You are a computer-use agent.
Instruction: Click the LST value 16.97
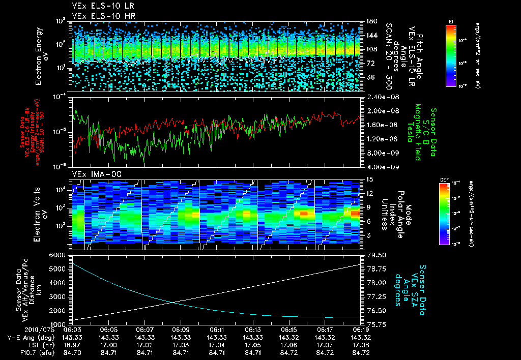tap(74, 345)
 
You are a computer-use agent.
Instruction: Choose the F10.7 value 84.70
tap(74, 352)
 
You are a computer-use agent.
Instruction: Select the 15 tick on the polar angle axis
tap(369, 179)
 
